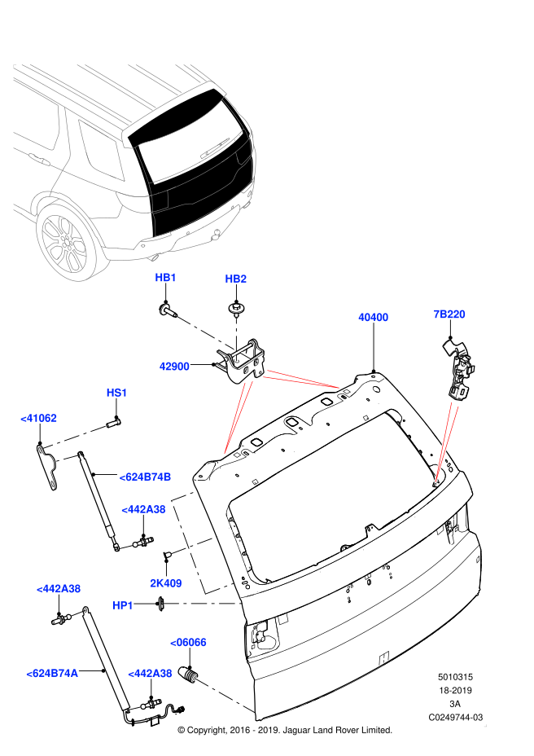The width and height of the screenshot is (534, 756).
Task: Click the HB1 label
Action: (165, 278)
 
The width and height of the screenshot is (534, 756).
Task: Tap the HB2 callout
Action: (235, 279)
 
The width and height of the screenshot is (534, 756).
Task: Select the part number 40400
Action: (373, 318)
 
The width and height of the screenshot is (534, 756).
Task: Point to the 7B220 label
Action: (449, 314)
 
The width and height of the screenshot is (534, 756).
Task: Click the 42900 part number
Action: (174, 367)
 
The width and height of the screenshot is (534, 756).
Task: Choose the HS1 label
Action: (116, 393)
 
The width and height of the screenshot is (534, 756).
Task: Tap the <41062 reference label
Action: (39, 418)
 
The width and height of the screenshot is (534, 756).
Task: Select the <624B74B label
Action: (145, 477)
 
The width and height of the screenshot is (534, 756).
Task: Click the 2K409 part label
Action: (165, 583)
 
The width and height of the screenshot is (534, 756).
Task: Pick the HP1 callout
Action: (122, 605)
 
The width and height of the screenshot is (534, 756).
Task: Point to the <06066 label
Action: (188, 642)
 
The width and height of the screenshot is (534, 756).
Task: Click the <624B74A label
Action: (52, 673)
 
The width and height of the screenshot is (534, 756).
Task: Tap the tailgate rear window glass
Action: (191, 151)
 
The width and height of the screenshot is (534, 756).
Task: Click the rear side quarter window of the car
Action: (101, 148)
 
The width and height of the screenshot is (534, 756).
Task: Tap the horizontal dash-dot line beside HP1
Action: (202, 604)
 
